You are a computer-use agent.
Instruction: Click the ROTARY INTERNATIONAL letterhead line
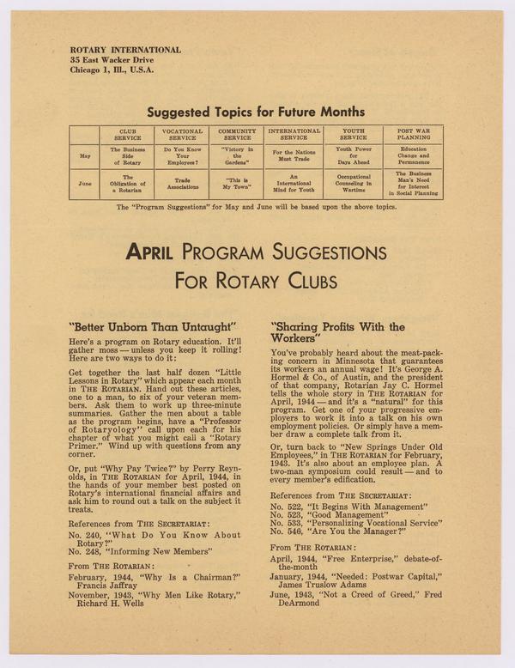pyautogui.click(x=125, y=50)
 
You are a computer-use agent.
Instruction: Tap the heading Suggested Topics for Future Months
pyautogui.click(x=255, y=112)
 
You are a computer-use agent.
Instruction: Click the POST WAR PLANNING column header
pyautogui.click(x=413, y=135)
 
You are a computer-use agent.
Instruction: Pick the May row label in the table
pyautogui.click(x=84, y=156)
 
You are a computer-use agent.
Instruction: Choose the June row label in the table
pyautogui.click(x=84, y=183)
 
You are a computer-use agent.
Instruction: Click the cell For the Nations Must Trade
pyautogui.click(x=294, y=156)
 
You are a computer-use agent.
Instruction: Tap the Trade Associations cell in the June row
pyautogui.click(x=182, y=183)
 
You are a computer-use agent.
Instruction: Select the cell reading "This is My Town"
pyautogui.click(x=238, y=183)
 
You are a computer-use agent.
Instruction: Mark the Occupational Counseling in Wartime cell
pyautogui.click(x=353, y=183)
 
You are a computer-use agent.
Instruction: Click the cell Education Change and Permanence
pyautogui.click(x=413, y=156)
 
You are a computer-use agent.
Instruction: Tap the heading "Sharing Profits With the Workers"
pyautogui.click(x=337, y=332)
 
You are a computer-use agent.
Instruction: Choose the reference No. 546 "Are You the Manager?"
pyautogui.click(x=336, y=531)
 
